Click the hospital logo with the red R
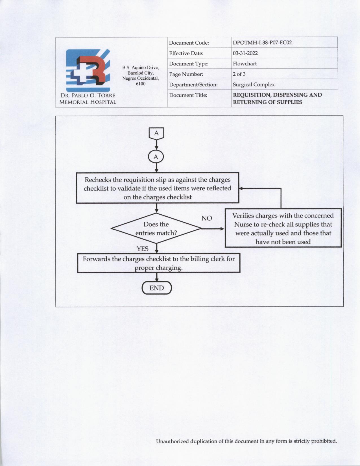[88, 70]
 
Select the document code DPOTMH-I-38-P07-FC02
[262, 43]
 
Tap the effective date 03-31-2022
[245, 53]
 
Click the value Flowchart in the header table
[245, 64]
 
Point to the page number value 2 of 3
[239, 74]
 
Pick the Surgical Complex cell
[254, 84]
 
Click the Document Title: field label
[188, 95]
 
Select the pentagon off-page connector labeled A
[156, 134]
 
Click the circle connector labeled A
[156, 157]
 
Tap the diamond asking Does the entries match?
[156, 228]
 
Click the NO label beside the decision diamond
[207, 218]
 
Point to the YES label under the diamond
[143, 249]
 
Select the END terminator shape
[157, 288]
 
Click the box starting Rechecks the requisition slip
[158, 188]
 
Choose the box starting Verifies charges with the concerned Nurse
[283, 228]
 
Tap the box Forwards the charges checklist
[159, 263]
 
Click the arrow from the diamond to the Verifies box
[213, 228]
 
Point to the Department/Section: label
[193, 85]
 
